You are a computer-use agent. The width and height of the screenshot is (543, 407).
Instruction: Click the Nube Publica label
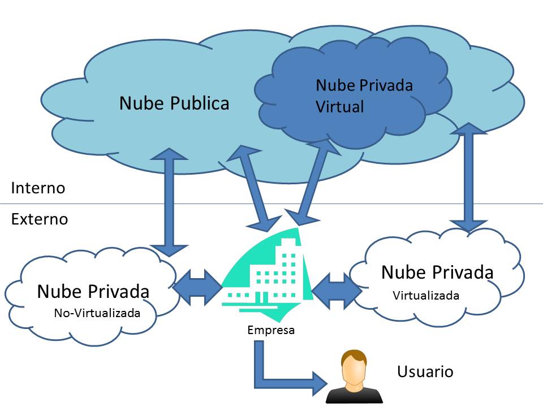[174, 103]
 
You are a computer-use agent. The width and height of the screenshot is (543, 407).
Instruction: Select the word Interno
[38, 188]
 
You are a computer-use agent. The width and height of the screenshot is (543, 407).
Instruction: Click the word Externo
[40, 219]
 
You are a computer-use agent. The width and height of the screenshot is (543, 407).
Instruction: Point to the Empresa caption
[271, 330]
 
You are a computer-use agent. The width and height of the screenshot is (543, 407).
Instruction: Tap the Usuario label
[425, 372]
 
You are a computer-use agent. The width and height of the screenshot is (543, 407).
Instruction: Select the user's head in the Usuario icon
[354, 367]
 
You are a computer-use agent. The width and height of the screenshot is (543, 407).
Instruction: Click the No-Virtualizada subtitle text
[97, 313]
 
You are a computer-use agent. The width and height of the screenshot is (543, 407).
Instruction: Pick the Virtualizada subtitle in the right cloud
[426, 295]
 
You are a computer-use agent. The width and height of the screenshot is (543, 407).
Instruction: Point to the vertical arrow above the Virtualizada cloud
[468, 181]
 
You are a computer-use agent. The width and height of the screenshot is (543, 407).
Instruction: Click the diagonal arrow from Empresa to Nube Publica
[254, 187]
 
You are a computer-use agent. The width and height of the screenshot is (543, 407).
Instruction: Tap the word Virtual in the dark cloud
[339, 106]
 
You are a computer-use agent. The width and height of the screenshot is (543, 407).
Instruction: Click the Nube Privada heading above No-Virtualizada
[93, 292]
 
